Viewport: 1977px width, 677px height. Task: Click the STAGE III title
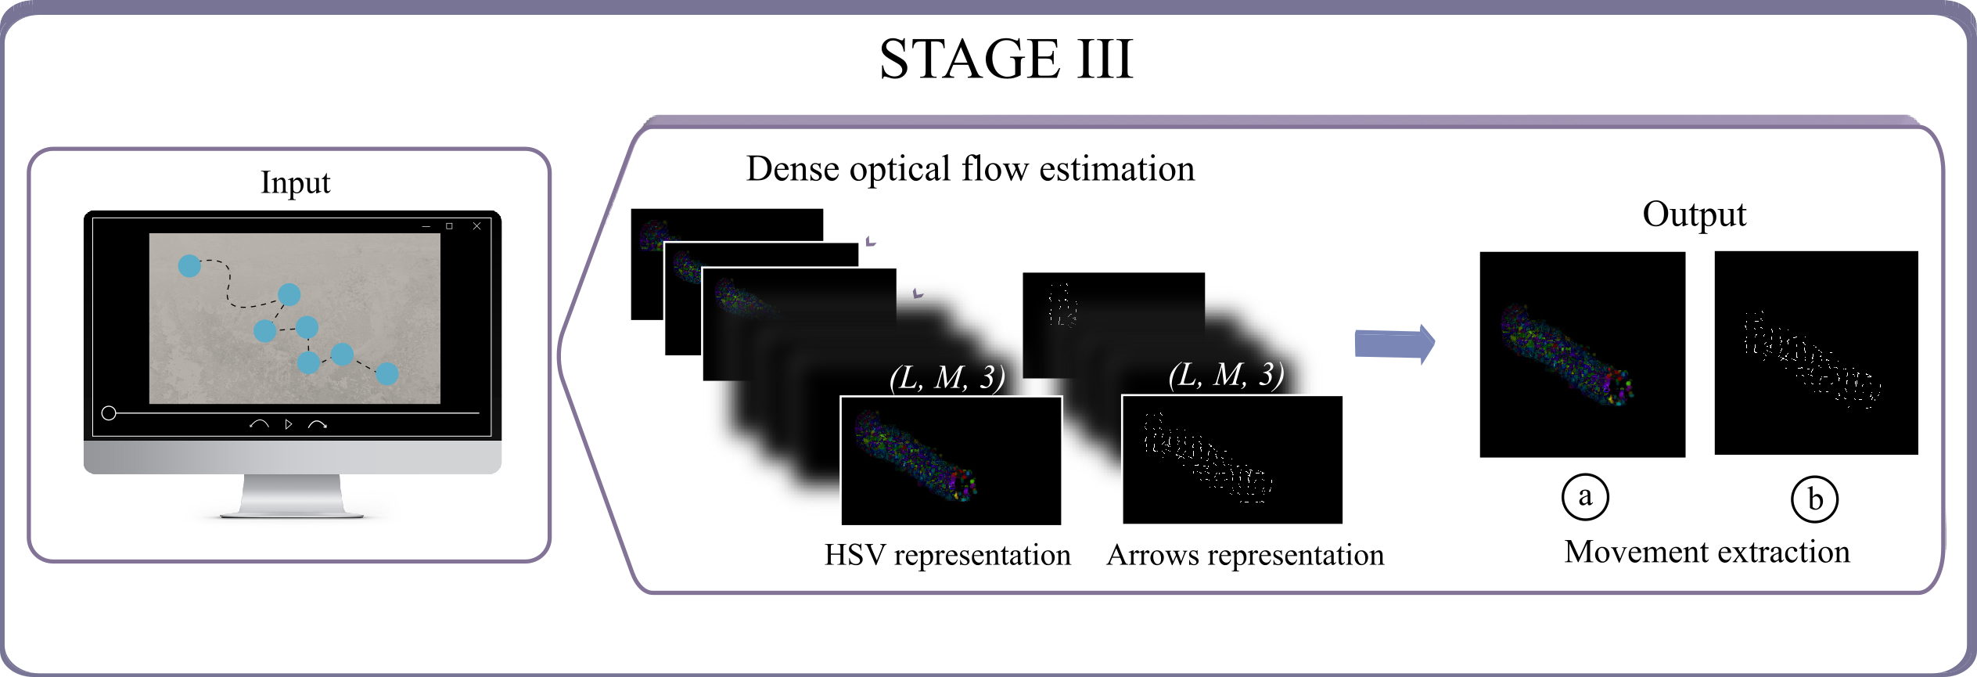pyautogui.click(x=1006, y=59)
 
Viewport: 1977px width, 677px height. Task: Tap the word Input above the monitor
pyautogui.click(x=295, y=182)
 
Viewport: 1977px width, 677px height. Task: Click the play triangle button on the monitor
pyautogui.click(x=289, y=424)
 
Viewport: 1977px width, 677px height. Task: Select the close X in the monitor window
pyautogui.click(x=476, y=226)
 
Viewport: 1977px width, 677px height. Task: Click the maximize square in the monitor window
pyautogui.click(x=449, y=226)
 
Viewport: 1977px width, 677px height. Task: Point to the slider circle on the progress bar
pyautogui.click(x=109, y=413)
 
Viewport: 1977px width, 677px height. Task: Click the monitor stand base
pyautogui.click(x=292, y=513)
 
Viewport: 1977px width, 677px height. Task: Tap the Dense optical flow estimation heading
pyautogui.click(x=970, y=169)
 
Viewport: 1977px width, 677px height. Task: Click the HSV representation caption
pyautogui.click(x=947, y=555)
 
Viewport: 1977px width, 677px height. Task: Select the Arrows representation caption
pyautogui.click(x=1245, y=555)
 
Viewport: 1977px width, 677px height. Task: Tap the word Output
pyautogui.click(x=1694, y=214)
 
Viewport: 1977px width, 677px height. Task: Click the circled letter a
pyautogui.click(x=1585, y=497)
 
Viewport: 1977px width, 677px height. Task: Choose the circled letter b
pyautogui.click(x=1814, y=499)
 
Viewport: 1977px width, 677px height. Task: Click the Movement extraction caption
pyautogui.click(x=1706, y=553)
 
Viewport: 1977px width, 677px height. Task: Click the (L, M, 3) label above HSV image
pyautogui.click(x=947, y=378)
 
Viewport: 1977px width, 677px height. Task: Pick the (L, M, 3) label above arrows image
pyautogui.click(x=1225, y=376)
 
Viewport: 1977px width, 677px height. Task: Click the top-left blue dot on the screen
pyautogui.click(x=189, y=266)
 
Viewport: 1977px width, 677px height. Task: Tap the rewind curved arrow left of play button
pyautogui.click(x=259, y=424)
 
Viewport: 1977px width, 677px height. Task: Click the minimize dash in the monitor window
pyautogui.click(x=426, y=226)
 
